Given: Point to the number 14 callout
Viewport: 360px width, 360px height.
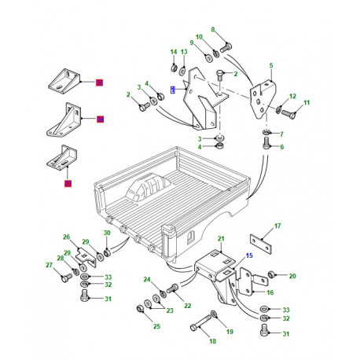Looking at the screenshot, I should pyautogui.click(x=173, y=52).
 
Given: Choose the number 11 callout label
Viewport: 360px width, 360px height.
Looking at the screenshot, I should pyautogui.click(x=307, y=103).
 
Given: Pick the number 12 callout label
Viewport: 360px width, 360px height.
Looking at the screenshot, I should pyautogui.click(x=292, y=97).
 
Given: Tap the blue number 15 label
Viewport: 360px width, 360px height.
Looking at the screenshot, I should pyautogui.click(x=249, y=255).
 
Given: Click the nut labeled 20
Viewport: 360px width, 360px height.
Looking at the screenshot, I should pyautogui.click(x=270, y=275).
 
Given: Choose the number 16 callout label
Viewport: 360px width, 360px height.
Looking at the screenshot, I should pyautogui.click(x=270, y=292).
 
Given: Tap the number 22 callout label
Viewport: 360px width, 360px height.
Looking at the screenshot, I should pyautogui.click(x=188, y=306).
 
